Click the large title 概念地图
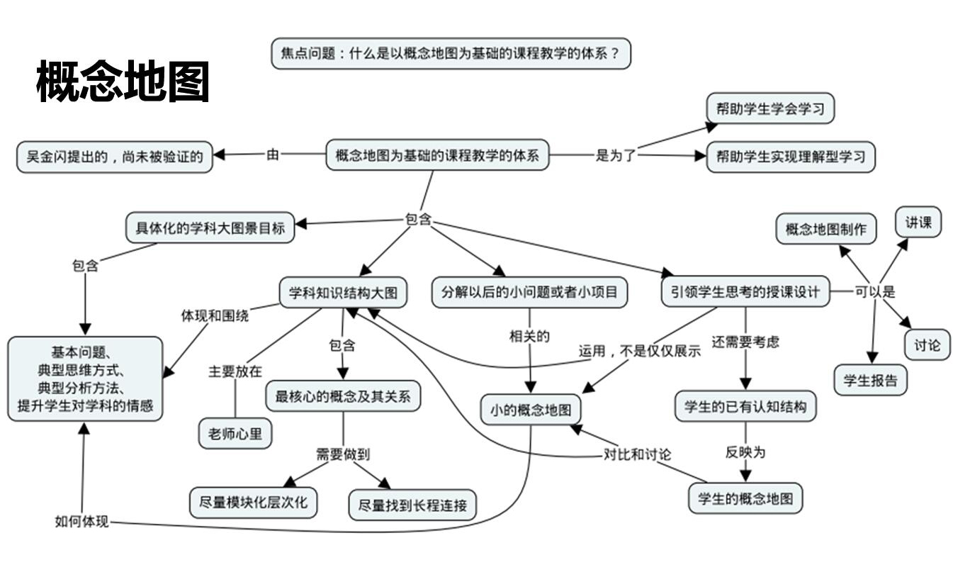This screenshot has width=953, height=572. (123, 82)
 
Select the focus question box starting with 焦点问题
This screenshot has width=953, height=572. (451, 54)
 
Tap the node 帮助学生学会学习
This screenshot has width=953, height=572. (770, 109)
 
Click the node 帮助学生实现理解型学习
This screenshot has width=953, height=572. (791, 157)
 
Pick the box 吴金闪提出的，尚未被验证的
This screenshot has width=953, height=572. (114, 157)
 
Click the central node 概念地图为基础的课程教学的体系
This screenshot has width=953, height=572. (437, 155)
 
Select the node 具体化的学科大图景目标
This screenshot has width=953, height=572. (210, 228)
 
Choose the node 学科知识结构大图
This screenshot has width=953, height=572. (344, 292)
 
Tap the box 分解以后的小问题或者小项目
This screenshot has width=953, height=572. (529, 292)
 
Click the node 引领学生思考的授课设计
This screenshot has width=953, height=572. (745, 292)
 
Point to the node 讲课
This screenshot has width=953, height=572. (918, 223)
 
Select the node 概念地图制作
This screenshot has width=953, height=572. (825, 229)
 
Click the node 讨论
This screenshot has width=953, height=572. (927, 345)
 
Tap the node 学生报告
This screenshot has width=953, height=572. (870, 380)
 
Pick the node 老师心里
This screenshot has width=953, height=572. (235, 434)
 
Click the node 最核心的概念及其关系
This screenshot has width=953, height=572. (343, 396)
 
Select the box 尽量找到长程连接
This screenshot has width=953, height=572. (412, 505)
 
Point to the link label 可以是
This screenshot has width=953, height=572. (874, 291)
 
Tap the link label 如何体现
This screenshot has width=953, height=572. (81, 522)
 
